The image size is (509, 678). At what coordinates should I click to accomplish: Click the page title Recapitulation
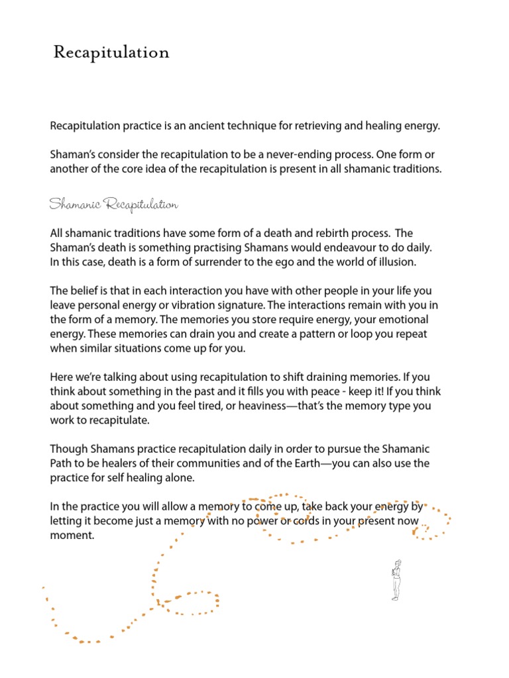click(x=111, y=52)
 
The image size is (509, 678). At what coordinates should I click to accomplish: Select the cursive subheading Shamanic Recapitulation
click(x=113, y=205)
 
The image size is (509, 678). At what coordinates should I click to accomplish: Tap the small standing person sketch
click(x=396, y=579)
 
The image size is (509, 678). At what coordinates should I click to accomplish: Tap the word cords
click(x=310, y=522)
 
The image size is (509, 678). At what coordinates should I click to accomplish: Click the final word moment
click(x=73, y=536)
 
